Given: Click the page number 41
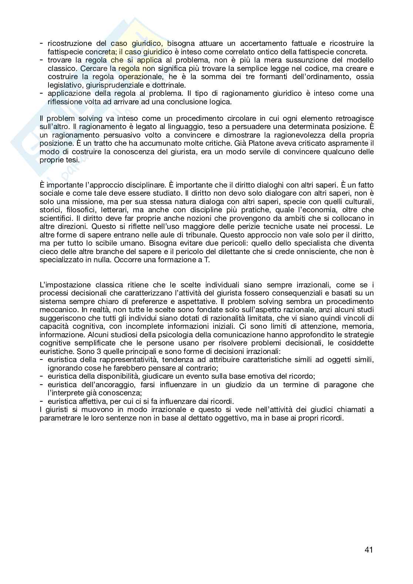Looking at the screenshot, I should click(368, 550).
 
